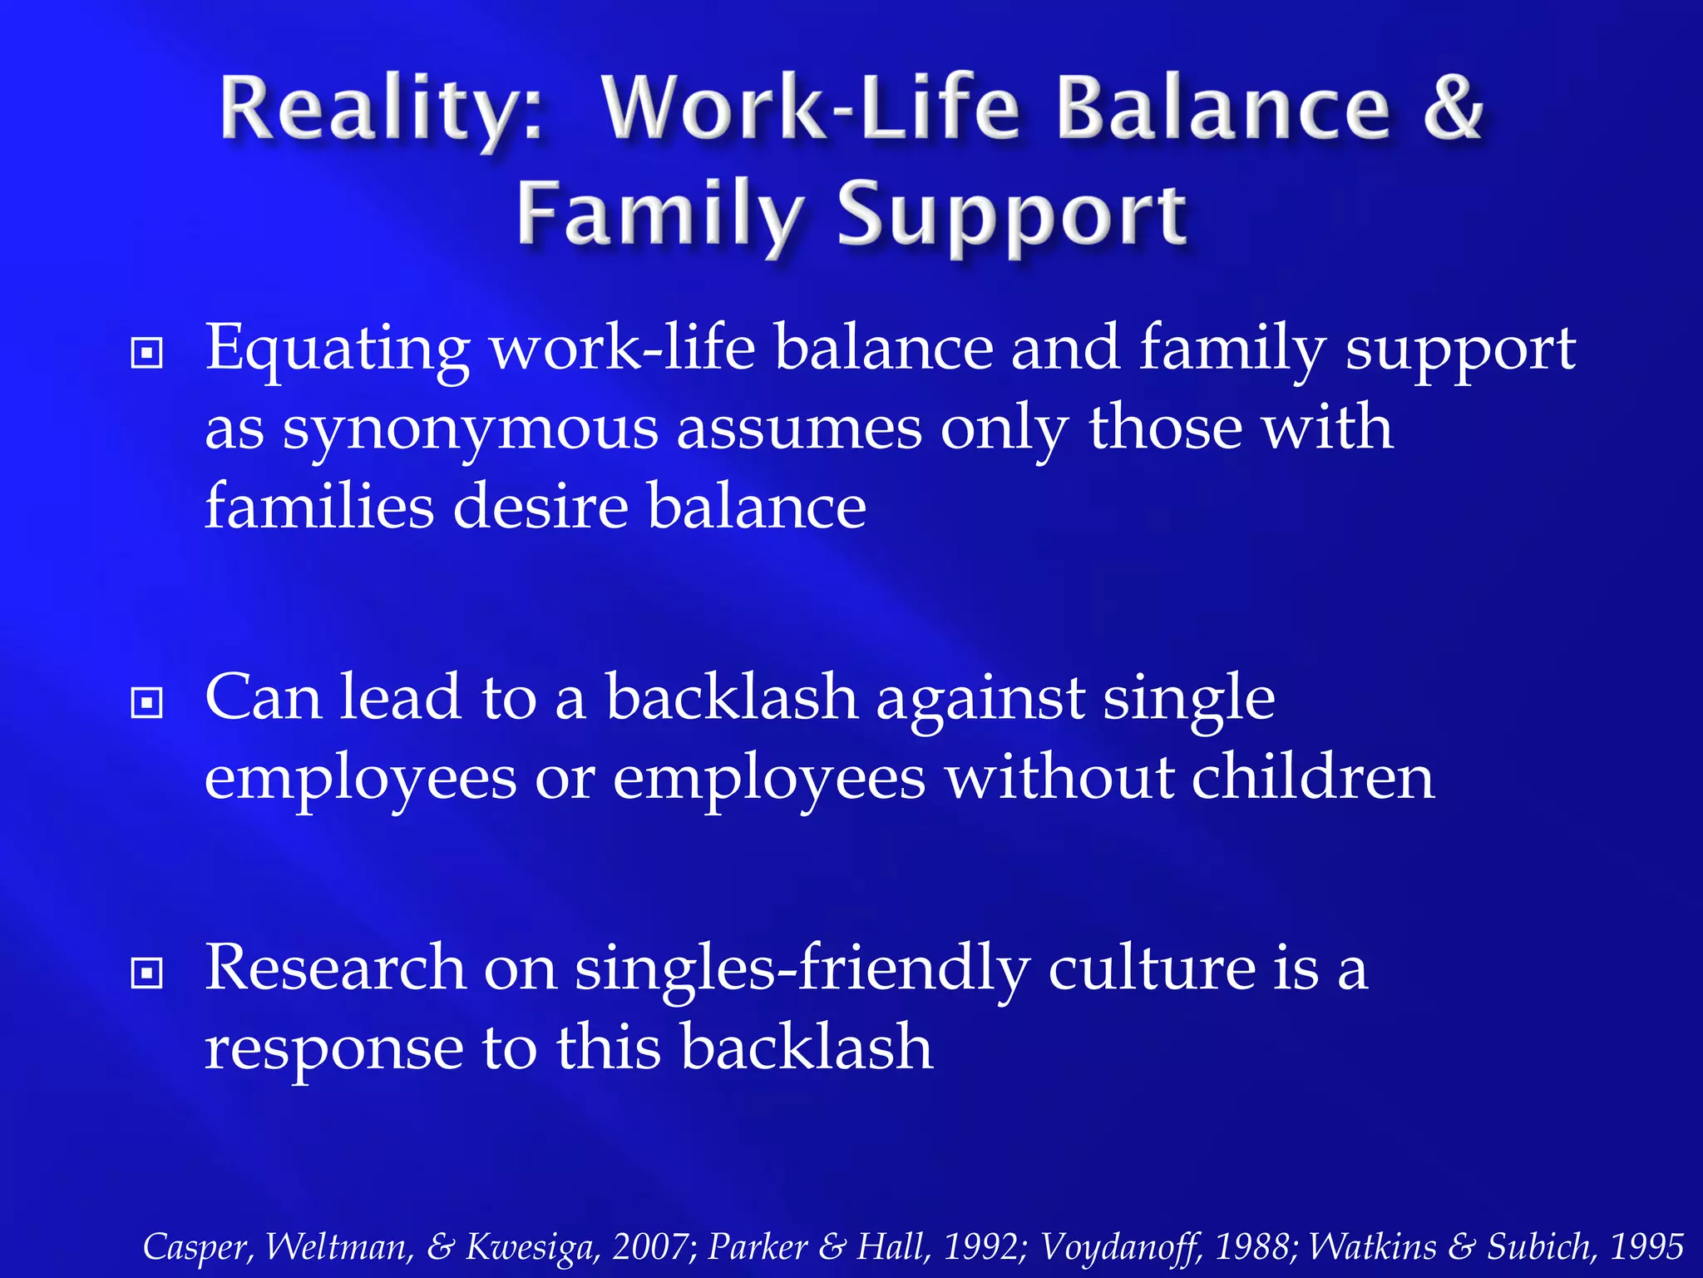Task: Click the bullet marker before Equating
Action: [x=147, y=354]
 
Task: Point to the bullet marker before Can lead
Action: [x=147, y=703]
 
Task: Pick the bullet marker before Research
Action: [x=147, y=973]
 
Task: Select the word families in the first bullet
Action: [x=319, y=507]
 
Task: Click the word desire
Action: [x=541, y=507]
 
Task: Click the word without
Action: [x=1059, y=778]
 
